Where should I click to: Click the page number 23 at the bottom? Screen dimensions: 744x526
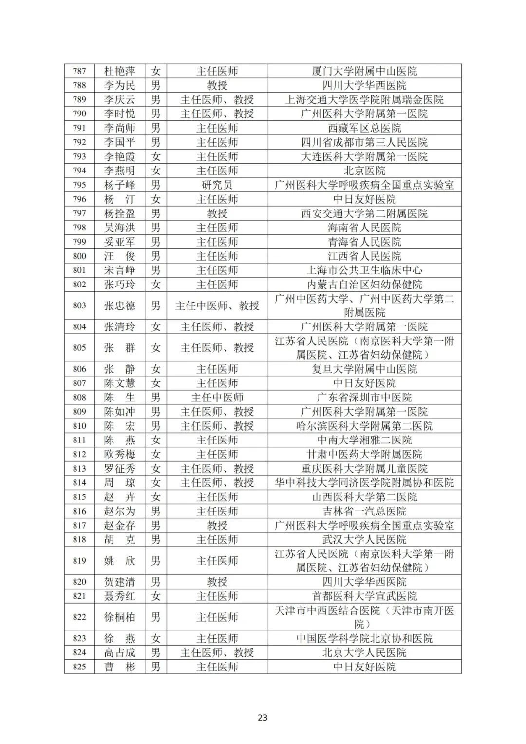263,717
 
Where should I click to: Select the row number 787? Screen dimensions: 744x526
79,71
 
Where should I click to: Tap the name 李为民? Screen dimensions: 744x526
119,85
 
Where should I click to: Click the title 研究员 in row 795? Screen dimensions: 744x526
217,185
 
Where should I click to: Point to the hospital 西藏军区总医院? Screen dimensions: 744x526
364,128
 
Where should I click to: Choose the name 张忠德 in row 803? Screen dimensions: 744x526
119,305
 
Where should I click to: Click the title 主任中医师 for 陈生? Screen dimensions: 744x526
217,398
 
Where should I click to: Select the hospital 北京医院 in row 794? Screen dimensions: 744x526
364,171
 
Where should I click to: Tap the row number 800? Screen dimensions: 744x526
79,256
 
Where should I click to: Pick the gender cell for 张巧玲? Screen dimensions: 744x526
155,285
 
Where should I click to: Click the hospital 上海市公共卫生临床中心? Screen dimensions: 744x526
364,270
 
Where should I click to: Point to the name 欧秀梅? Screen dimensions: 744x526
119,454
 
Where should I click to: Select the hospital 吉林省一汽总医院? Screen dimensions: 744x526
364,511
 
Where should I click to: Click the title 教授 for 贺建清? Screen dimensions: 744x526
217,582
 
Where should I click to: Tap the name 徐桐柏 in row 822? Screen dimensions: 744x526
119,617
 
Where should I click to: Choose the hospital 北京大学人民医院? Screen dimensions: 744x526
364,652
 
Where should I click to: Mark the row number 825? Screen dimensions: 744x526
79,667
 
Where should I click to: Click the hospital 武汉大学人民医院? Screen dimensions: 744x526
364,539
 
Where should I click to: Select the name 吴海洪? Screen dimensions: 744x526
119,228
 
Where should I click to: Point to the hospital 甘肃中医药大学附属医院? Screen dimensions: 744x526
364,454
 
